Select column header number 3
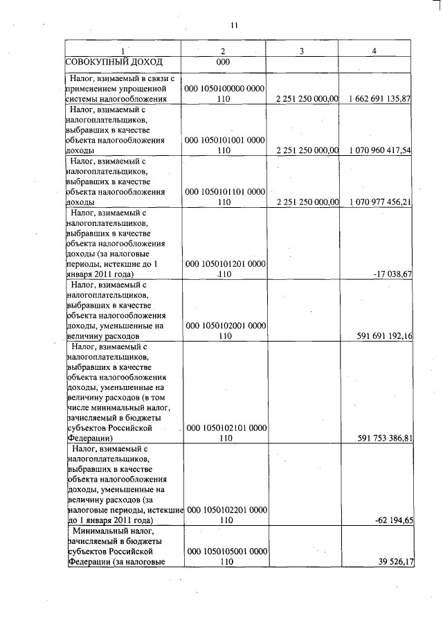pyautogui.click(x=302, y=51)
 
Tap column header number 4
pyautogui.click(x=374, y=51)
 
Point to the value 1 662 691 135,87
pyautogui.click(x=377, y=99)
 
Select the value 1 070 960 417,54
pyautogui.click(x=377, y=150)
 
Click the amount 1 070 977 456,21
pyautogui.click(x=377, y=202)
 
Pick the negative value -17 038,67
pyautogui.click(x=392, y=274)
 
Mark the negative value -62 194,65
pyautogui.click(x=392, y=520)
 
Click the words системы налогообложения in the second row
pyautogui.click(x=116, y=99)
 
